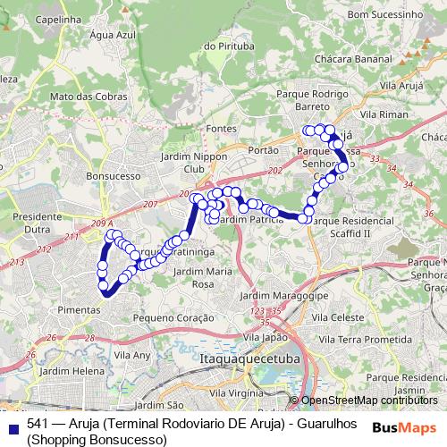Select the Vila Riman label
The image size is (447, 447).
(384, 115)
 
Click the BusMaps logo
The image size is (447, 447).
(405, 427)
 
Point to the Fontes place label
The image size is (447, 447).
(220, 129)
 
